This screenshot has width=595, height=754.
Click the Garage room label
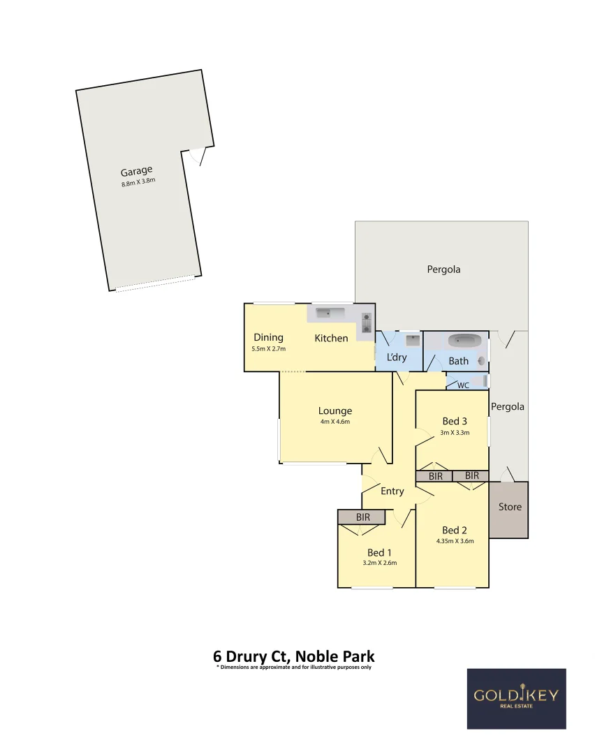click(136, 171)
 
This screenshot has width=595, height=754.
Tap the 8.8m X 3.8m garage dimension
click(138, 183)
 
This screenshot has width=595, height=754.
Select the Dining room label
click(268, 337)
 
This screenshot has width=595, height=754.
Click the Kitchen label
click(331, 338)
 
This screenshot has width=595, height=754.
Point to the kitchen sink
click(328, 312)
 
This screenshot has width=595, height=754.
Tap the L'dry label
click(396, 357)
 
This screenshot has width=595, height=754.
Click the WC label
click(462, 385)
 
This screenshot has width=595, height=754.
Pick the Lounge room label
click(335, 411)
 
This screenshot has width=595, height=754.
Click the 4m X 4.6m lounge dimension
click(335, 422)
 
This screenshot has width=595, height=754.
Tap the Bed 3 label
click(455, 421)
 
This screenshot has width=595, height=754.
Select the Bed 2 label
click(455, 530)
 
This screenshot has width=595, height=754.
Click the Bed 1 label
click(379, 553)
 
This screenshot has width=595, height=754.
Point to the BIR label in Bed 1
click(362, 517)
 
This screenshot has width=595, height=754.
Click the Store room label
click(510, 507)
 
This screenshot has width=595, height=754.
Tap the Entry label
click(392, 491)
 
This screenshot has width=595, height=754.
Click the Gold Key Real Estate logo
click(516, 698)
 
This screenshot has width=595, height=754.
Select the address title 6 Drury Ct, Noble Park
click(293, 656)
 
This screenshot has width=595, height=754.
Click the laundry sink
click(412, 341)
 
